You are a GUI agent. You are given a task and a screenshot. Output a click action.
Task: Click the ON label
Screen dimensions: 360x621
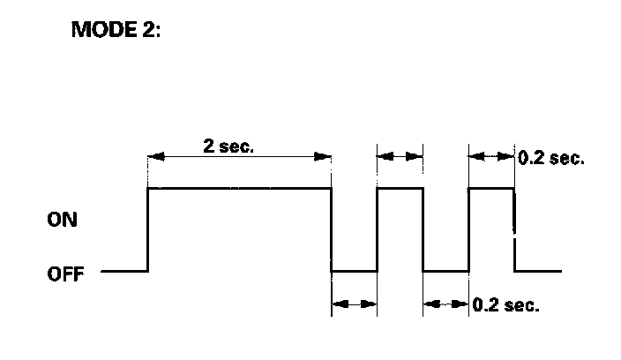pos(63,221)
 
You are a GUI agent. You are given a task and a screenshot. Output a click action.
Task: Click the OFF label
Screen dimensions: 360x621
pos(65,274)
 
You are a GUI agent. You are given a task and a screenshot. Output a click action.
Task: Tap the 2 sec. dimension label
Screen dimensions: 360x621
pos(228,146)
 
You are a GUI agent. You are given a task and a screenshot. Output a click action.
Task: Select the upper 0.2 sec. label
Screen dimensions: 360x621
pos(550,159)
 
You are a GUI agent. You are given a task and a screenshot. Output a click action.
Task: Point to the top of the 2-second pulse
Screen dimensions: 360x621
pos(238,188)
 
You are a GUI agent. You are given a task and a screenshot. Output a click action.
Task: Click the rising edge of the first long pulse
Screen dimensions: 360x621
pos(147,229)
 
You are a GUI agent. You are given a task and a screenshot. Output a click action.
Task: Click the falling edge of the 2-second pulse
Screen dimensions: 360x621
pos(331,229)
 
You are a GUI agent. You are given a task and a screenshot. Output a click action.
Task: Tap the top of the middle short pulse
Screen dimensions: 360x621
pos(400,188)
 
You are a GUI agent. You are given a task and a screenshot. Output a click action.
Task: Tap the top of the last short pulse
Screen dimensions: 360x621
pos(491,188)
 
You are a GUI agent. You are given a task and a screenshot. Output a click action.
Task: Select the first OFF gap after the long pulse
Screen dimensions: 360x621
pos(354,271)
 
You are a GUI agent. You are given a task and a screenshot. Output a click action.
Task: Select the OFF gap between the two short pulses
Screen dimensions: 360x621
pos(445,271)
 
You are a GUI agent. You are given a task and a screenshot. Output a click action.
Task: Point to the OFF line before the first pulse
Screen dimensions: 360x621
pos(123,271)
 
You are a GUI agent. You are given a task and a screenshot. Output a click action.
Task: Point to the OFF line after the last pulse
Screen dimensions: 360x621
pos(538,271)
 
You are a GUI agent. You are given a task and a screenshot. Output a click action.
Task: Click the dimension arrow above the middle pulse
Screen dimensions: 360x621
pos(400,155)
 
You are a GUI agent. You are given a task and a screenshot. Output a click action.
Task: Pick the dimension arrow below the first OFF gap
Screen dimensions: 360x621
pos(354,304)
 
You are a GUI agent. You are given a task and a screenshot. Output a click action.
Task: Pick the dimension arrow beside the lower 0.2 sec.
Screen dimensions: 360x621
pos(445,304)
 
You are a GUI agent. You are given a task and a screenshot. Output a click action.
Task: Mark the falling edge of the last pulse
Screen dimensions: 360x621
pos(514,229)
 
